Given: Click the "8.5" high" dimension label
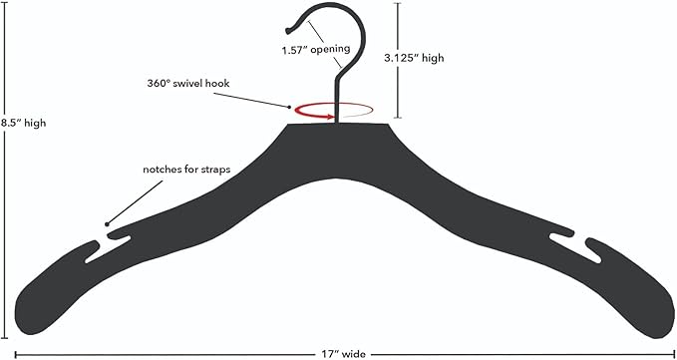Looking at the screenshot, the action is coord(24,123).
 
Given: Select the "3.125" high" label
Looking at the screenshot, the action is coord(414,58).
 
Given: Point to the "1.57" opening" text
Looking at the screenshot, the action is coord(316,50).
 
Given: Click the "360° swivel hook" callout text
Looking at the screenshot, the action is coord(188,84).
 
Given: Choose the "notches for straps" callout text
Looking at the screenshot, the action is coord(186,170).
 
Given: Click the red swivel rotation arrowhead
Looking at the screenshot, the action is coord(331,116).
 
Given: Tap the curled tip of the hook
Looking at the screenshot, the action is coord(288,31).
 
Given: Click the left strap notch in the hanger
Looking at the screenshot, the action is coord(108,249).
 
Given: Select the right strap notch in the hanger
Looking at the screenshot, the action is coord(575,248).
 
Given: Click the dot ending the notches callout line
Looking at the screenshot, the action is coord(107,224).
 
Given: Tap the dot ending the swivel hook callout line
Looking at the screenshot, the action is coord(290,106).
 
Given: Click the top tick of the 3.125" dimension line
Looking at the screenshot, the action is coord(398,3).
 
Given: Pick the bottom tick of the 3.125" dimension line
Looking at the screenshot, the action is coord(398,118).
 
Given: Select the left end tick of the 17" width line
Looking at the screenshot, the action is coord(16,355).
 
